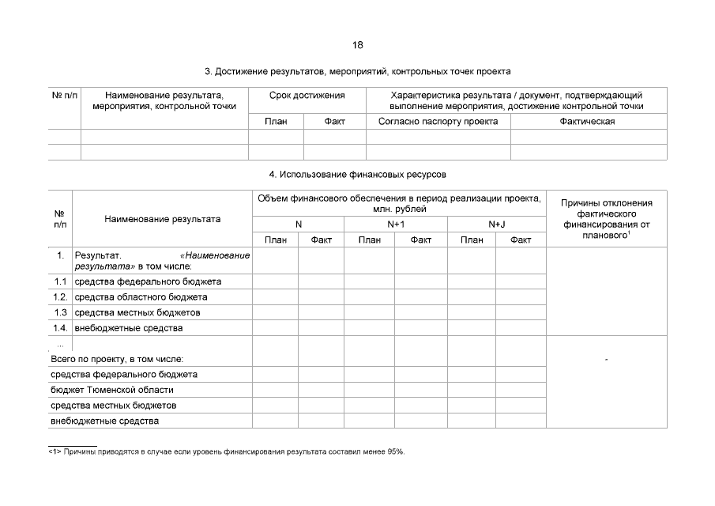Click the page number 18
(358, 44)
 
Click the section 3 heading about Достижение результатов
(357, 71)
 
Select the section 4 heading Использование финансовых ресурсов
(357, 174)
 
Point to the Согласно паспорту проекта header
(438, 122)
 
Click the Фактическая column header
(587, 122)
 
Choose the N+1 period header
(396, 225)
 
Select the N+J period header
(496, 225)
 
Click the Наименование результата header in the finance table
(162, 219)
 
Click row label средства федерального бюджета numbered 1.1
(148, 281)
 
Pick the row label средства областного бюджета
(141, 297)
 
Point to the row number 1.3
(60, 312)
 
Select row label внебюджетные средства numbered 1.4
(129, 328)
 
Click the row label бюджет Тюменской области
(111, 390)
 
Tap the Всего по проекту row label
(116, 359)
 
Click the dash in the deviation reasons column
(606, 359)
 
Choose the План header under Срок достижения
(276, 122)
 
